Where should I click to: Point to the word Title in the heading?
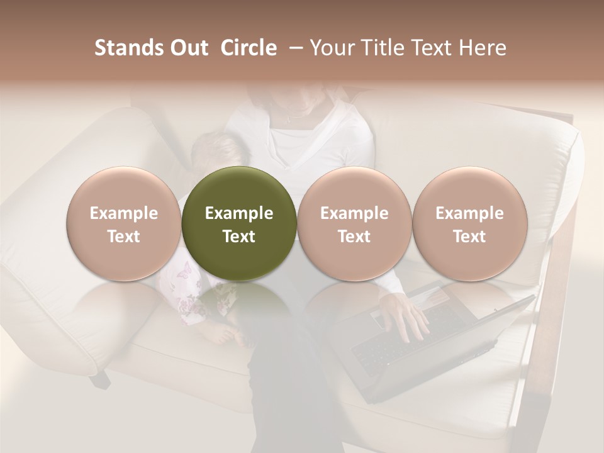[x=381, y=48]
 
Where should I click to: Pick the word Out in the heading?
[x=187, y=48]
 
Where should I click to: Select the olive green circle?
[x=239, y=223]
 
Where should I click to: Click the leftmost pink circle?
[x=123, y=223]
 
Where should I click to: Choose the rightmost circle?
[x=469, y=223]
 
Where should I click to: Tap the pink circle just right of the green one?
[x=354, y=223]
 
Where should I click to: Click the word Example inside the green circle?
[x=239, y=213]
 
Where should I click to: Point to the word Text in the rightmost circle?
[x=469, y=237]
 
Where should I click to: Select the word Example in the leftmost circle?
[x=123, y=213]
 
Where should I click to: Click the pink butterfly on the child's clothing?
[x=184, y=271]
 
